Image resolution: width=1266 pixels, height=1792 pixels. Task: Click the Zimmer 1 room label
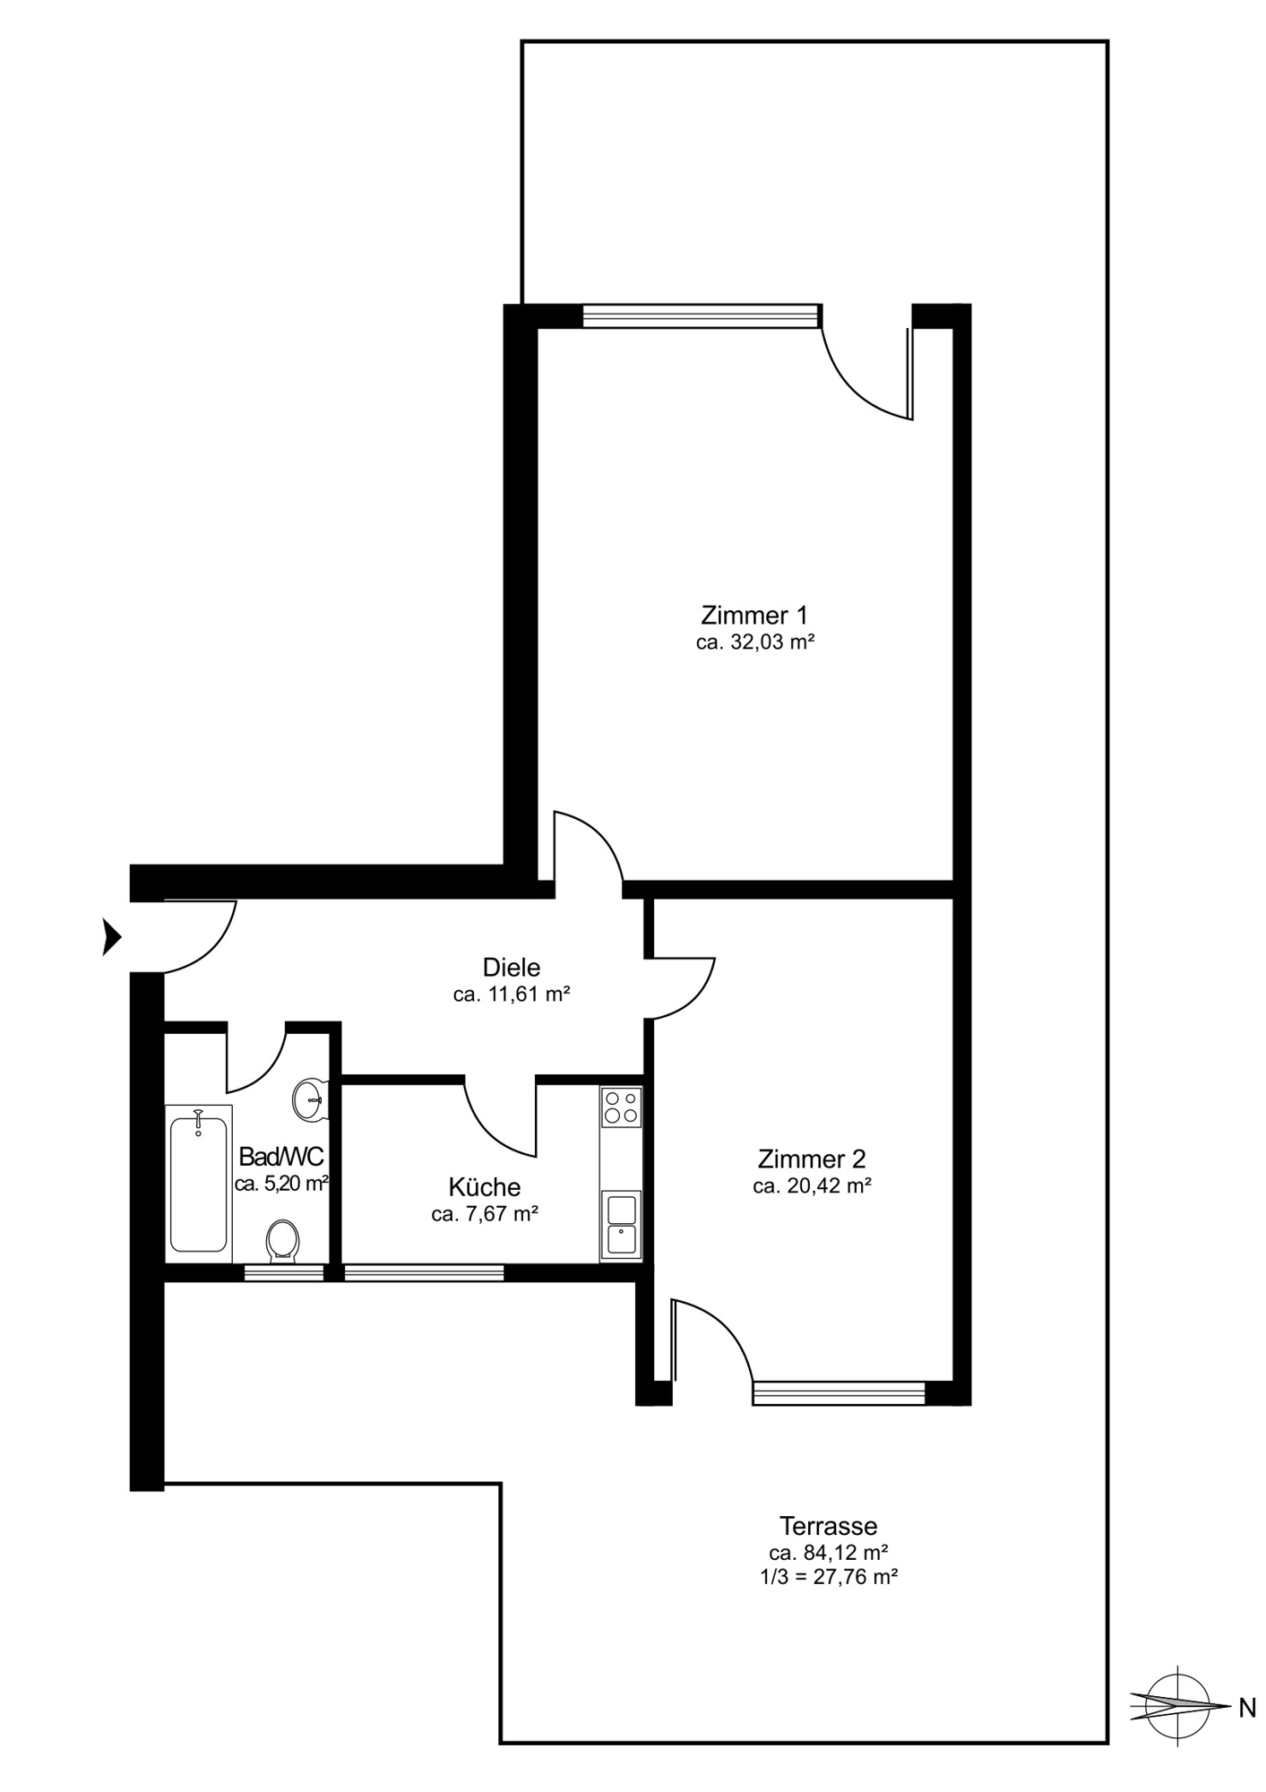click(x=754, y=616)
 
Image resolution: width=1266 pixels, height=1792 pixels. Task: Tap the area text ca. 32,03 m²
click(x=754, y=642)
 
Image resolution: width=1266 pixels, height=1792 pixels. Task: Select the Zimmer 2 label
click(x=812, y=1159)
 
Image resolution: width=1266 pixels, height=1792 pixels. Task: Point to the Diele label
click(x=512, y=967)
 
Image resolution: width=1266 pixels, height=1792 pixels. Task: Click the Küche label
click(x=485, y=1187)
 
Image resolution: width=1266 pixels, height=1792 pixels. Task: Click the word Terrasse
click(x=828, y=1525)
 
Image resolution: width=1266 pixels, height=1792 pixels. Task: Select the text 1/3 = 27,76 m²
click(x=829, y=1577)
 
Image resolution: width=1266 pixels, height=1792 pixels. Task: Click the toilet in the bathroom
click(x=283, y=1242)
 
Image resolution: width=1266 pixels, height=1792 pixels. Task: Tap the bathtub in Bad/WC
click(x=199, y=1184)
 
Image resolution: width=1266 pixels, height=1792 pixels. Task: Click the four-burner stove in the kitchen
click(x=621, y=1107)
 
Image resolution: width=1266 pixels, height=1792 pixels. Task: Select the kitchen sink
click(x=621, y=1226)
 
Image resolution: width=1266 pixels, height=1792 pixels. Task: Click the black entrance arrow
click(x=111, y=937)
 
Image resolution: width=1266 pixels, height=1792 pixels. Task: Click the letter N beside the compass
click(x=1247, y=1709)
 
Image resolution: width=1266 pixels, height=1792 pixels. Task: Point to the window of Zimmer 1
click(x=702, y=316)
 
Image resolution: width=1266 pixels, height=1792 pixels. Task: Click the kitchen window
click(x=424, y=1272)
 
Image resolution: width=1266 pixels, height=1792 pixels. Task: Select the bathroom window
click(x=284, y=1272)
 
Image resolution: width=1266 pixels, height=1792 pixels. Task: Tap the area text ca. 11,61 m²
click(x=512, y=994)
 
